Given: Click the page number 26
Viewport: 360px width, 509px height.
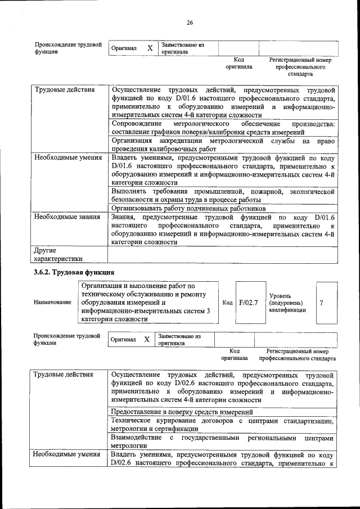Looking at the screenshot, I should click(190, 22).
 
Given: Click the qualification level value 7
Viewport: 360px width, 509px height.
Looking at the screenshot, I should click(321, 303).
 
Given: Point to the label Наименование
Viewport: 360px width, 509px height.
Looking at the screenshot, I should click(53, 303).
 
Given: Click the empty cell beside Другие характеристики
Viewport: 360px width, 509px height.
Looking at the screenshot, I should click(223, 255).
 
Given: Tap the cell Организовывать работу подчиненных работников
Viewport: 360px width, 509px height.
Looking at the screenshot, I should click(188, 208).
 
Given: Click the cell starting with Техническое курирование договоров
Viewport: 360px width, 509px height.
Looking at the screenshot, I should click(223, 425).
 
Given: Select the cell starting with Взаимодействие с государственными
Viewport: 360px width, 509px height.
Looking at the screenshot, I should click(223, 442).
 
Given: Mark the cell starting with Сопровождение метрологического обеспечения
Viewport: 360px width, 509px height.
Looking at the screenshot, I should click(223, 127).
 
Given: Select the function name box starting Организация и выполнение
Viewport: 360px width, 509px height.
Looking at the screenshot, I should click(147, 303).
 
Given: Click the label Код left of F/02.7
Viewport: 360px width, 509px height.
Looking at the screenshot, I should click(227, 303).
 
